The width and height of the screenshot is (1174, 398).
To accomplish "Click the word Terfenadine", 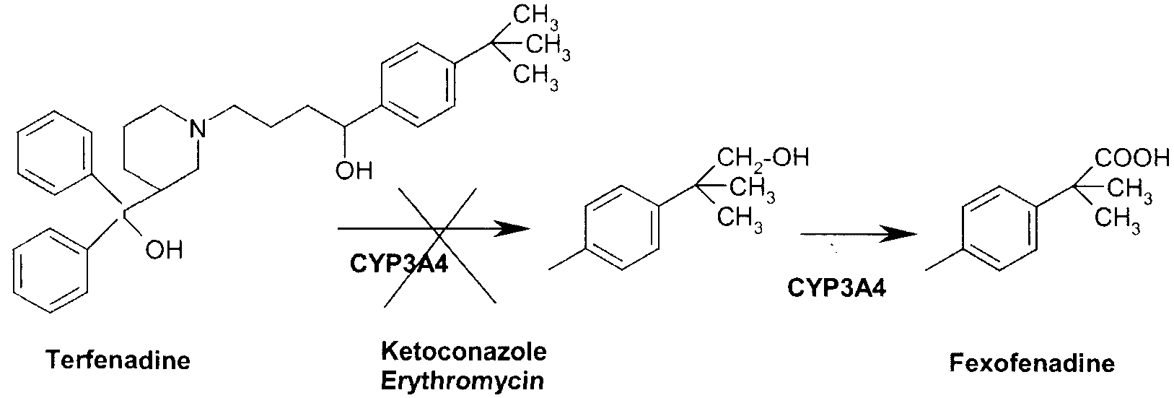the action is [118, 360].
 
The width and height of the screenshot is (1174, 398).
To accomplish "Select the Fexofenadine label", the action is [1032, 363].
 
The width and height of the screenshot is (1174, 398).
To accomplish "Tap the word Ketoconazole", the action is [463, 352].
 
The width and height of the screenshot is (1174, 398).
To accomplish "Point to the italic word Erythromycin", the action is [463, 381].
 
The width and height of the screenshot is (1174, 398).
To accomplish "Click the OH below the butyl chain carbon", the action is [354, 170].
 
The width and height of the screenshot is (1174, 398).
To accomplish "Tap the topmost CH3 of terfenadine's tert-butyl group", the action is [536, 15].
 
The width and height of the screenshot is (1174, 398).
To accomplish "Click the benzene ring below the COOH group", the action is [1000, 229].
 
